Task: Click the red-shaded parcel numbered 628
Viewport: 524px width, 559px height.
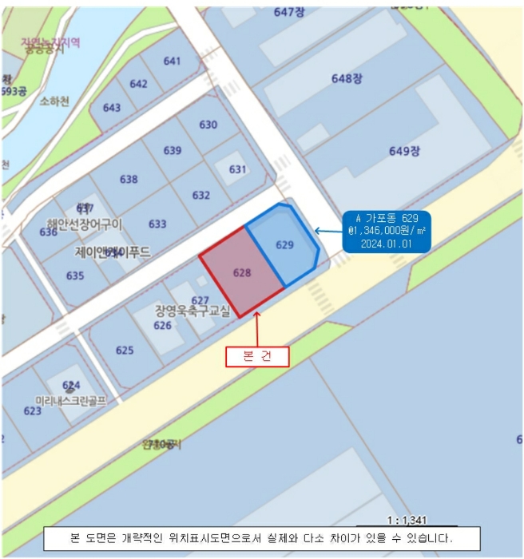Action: (242, 272)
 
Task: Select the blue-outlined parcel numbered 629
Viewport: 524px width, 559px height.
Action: (285, 244)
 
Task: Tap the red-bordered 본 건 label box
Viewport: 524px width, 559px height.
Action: (256, 356)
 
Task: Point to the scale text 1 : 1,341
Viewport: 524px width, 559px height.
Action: (407, 520)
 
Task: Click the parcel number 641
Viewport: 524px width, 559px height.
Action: (172, 61)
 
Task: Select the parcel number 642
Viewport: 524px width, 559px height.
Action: (138, 84)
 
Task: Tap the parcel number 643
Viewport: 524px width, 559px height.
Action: (112, 108)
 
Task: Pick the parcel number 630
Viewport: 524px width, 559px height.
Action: (208, 125)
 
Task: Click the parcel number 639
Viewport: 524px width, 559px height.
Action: (172, 150)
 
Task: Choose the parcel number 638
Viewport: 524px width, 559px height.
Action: (129, 179)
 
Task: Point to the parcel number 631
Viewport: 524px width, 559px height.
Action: (237, 169)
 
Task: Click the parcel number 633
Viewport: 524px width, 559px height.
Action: (157, 224)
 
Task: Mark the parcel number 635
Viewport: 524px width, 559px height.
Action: (75, 276)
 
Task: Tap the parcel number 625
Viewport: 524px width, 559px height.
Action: (125, 350)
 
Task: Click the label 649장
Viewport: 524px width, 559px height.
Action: (404, 151)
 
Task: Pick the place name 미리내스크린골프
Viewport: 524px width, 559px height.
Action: (71, 398)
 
